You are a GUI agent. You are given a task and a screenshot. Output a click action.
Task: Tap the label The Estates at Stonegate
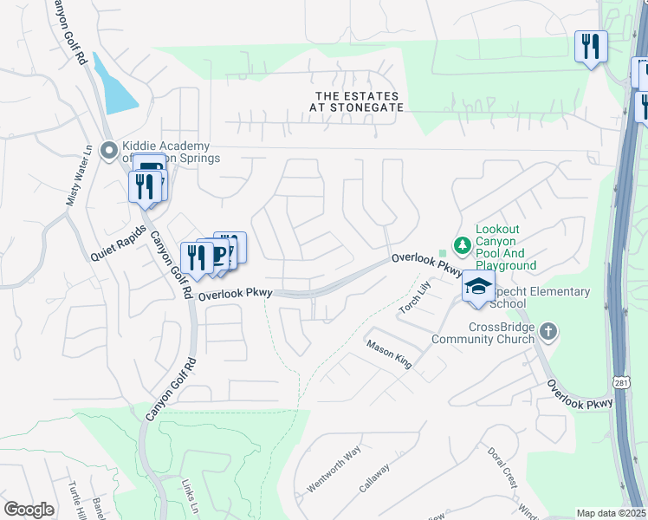(x=358, y=101)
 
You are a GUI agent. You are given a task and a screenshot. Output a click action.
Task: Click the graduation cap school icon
(x=477, y=286)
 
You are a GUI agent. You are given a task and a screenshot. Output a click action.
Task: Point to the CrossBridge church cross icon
(x=548, y=332)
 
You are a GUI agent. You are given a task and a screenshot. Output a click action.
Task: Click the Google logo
(x=29, y=510)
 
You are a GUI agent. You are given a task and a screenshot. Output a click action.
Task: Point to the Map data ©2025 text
(x=611, y=513)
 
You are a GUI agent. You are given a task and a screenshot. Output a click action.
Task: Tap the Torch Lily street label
(x=415, y=297)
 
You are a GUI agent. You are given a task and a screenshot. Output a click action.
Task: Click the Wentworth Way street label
(x=334, y=469)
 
